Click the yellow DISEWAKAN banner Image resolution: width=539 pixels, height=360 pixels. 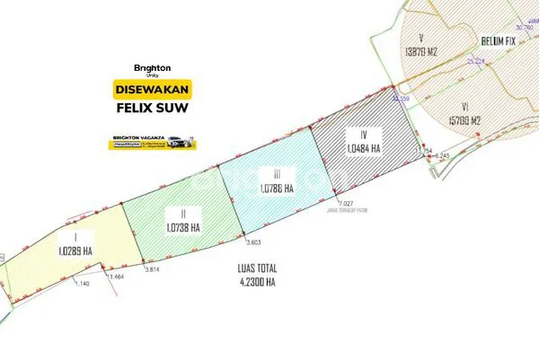click(x=151, y=90)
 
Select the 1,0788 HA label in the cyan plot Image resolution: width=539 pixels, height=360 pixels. click(x=273, y=189)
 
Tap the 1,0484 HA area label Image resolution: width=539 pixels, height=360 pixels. click(x=364, y=147)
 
